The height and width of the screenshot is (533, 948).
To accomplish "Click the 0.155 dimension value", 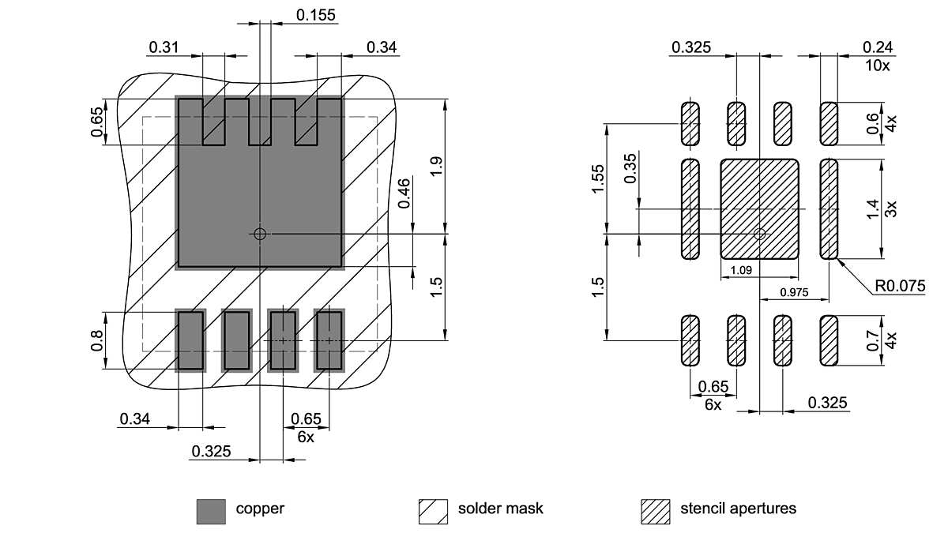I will (x=316, y=14).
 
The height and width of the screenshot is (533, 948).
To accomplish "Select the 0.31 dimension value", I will (x=164, y=48).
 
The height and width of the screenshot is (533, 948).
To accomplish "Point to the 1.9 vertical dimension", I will (x=437, y=167).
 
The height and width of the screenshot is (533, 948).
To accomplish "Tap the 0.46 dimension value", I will (x=404, y=193).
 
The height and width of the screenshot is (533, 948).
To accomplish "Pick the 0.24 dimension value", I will (x=877, y=47).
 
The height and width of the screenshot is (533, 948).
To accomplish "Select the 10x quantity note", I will (x=877, y=66).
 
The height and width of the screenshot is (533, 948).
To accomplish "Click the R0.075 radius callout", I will (x=900, y=286).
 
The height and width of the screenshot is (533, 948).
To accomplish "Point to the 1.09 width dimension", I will (x=740, y=271).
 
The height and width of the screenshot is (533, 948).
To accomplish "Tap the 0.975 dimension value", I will (x=794, y=292).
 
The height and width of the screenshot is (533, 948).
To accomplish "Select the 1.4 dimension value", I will (x=872, y=209).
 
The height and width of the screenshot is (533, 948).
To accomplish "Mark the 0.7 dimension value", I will (x=872, y=340).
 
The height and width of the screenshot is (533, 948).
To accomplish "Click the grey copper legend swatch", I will (x=211, y=511).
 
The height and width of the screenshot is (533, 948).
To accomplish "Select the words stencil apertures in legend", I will (x=738, y=509).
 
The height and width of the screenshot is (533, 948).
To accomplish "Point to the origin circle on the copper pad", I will (x=260, y=234).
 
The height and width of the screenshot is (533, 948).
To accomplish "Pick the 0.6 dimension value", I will (x=872, y=124).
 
